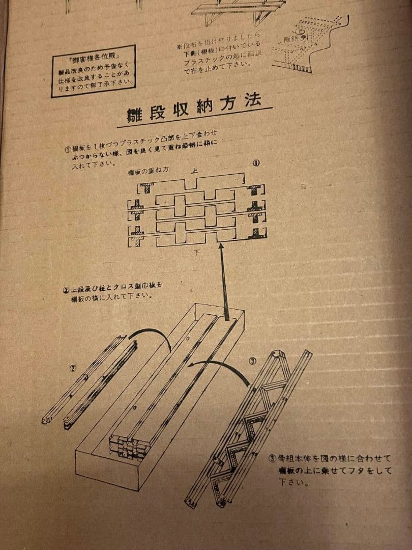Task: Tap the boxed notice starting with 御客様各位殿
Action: [94, 71]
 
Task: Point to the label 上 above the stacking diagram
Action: [194, 171]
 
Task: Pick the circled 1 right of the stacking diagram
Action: [256, 163]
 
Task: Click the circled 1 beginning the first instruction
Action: [67, 149]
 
